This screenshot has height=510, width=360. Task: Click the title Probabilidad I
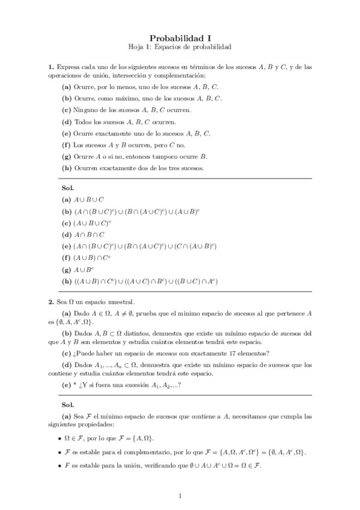coord(180,37)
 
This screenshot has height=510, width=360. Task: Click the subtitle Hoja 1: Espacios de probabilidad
coord(180,46)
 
